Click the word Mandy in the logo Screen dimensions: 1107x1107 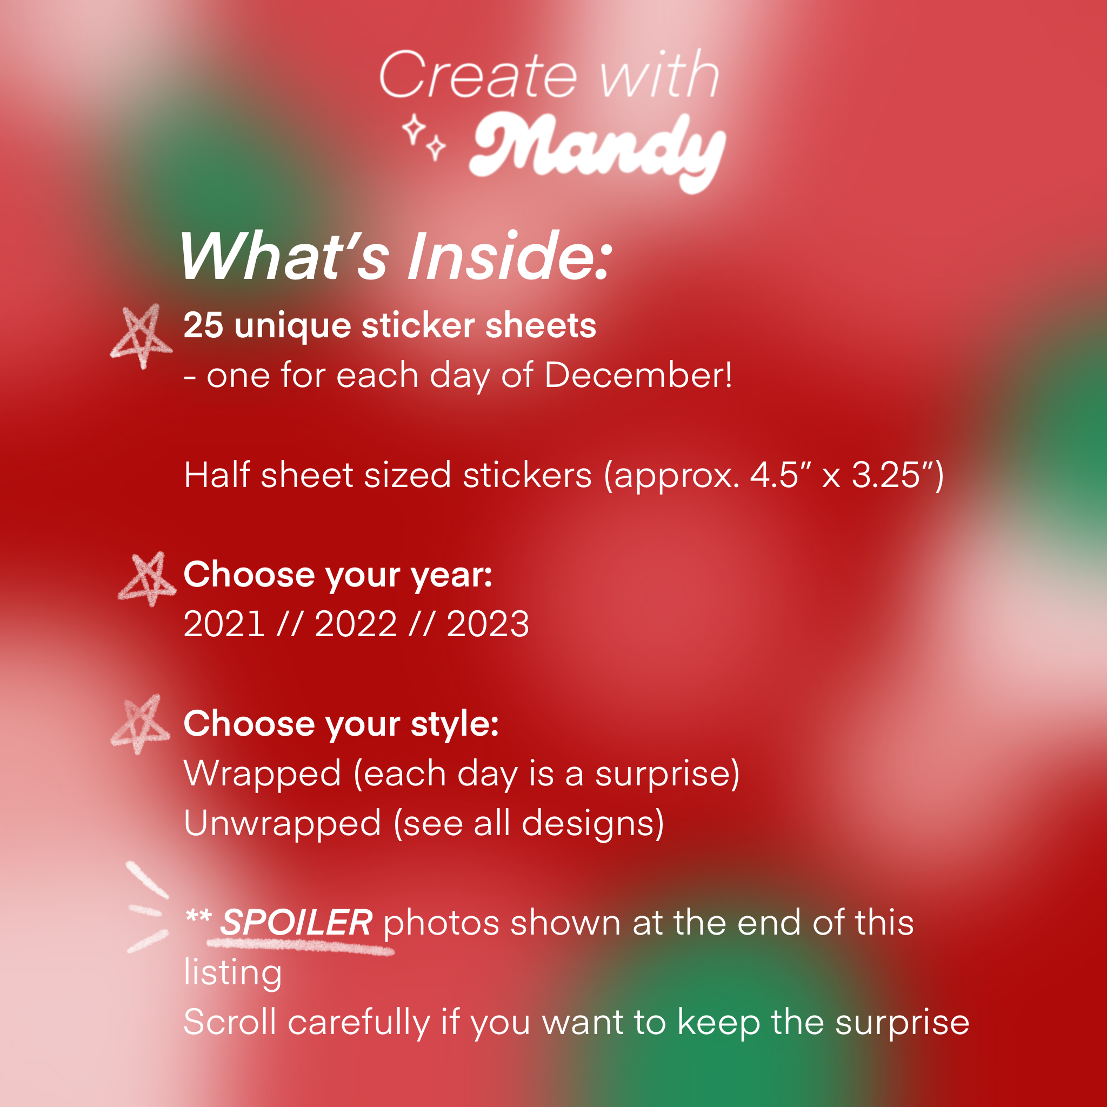tap(598, 151)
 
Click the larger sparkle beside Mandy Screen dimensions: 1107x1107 tap(413, 130)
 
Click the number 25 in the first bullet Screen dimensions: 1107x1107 tap(203, 325)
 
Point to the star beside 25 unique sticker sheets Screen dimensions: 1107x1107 tap(141, 336)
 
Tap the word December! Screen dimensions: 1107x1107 tap(638, 375)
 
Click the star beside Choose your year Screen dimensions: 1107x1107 tap(146, 579)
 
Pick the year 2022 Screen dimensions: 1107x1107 tap(356, 624)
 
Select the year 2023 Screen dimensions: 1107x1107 tap(488, 624)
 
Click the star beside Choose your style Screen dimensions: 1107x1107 tap(141, 724)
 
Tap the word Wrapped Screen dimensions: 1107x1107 tap(262, 774)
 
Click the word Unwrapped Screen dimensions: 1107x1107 tap(283, 824)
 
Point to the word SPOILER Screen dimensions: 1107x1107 tap(296, 923)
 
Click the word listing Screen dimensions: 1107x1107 tap(232, 973)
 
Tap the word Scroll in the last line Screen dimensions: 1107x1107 tap(230, 1022)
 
